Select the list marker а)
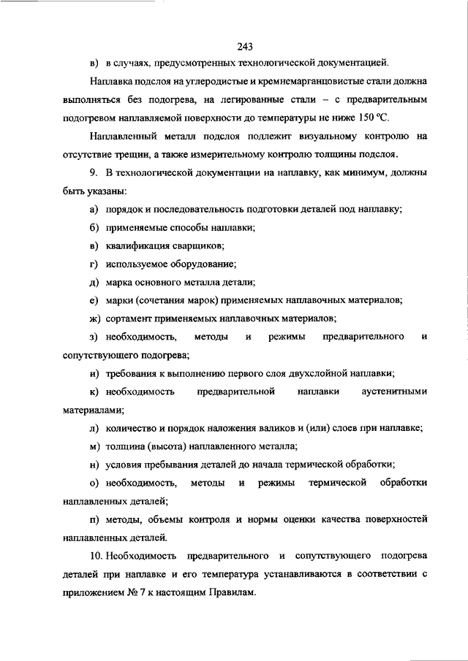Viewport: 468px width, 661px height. click(93, 210)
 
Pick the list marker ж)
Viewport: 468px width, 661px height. click(94, 318)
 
